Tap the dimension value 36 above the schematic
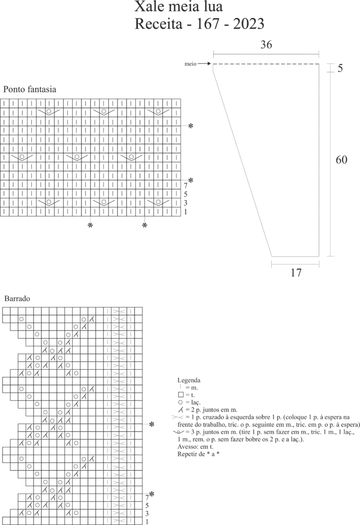[x=265, y=45]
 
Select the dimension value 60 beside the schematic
[x=342, y=160]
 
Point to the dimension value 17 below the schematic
[x=295, y=272]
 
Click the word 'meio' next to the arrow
[x=190, y=64]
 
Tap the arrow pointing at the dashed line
[x=204, y=64]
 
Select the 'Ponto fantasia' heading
[x=30, y=89]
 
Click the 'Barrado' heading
[x=17, y=298]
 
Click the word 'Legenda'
[x=189, y=380]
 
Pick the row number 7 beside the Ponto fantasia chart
[x=186, y=186]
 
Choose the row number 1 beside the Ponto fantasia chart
[x=186, y=212]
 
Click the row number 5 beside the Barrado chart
[x=147, y=505]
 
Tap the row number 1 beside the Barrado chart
[x=147, y=521]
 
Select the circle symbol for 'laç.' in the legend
[x=181, y=402]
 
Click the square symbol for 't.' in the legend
[x=181, y=395]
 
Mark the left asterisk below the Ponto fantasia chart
[x=90, y=226]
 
